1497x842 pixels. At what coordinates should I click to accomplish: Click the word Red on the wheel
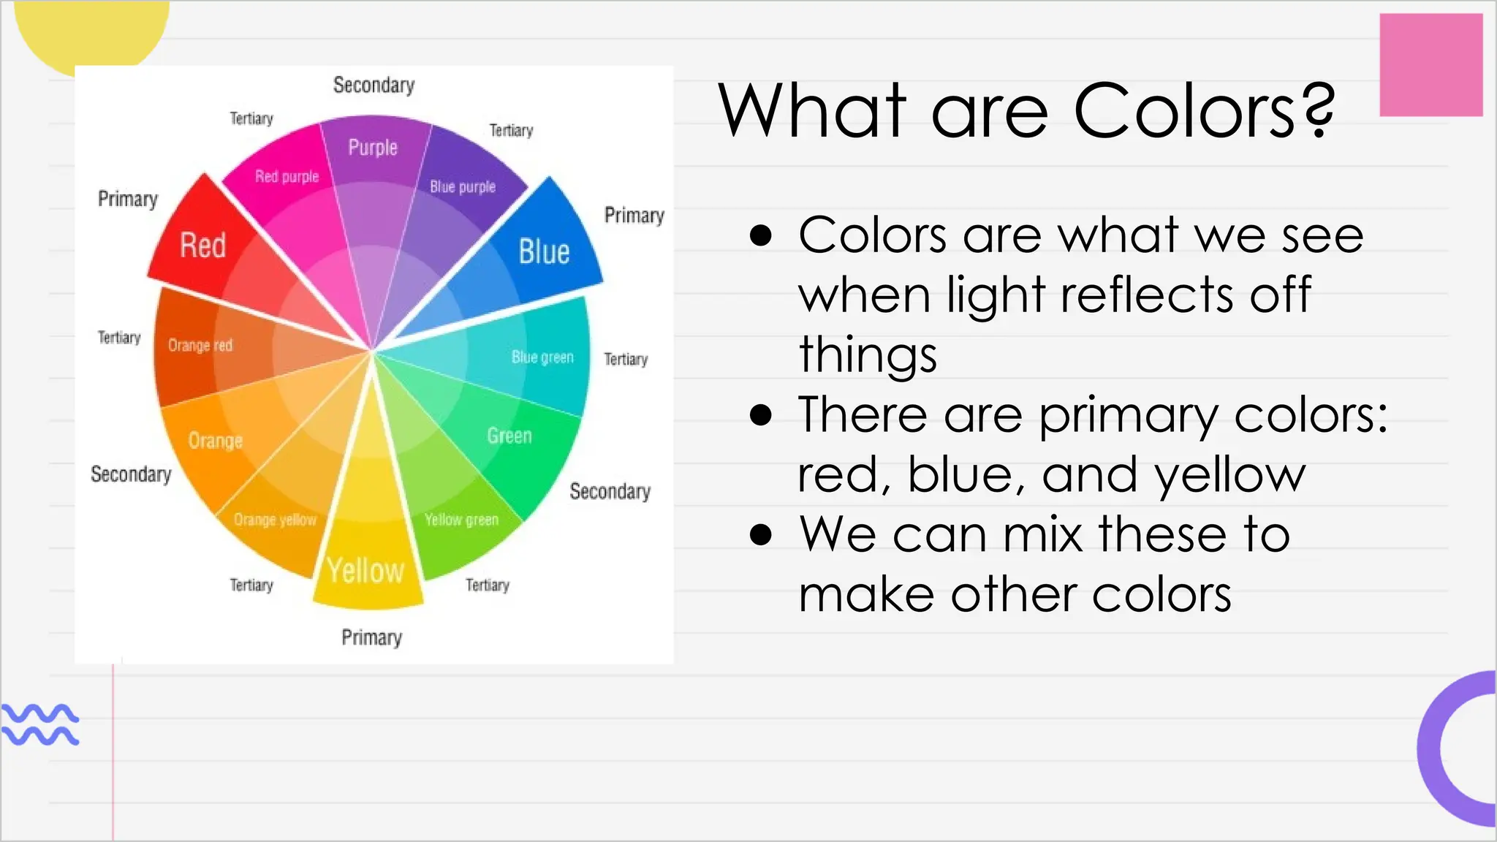click(202, 246)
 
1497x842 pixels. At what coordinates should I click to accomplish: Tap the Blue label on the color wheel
click(544, 252)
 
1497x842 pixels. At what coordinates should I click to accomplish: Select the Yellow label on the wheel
click(365, 571)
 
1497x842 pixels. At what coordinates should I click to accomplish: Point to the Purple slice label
click(373, 148)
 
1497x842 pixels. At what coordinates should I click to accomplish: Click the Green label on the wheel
click(509, 436)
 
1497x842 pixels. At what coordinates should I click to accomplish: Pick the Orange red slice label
click(200, 345)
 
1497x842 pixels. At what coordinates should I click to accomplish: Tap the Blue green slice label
click(542, 357)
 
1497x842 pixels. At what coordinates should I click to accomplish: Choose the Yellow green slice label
click(461, 520)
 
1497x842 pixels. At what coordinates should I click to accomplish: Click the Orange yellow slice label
click(275, 520)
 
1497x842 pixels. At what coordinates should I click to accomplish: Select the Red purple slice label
click(287, 176)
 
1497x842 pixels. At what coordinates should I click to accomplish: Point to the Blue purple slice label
click(462, 187)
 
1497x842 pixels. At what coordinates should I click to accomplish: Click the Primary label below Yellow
click(371, 637)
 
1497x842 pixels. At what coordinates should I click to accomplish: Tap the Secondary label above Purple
click(374, 86)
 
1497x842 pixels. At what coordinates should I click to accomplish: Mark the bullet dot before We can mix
click(761, 535)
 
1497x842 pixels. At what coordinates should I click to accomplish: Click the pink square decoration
click(1430, 65)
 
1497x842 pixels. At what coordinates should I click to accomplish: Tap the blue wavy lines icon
click(40, 724)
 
